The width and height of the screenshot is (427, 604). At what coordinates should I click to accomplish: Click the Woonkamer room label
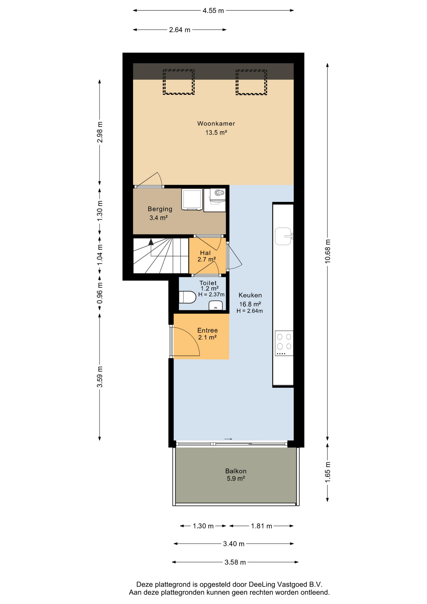click(216, 124)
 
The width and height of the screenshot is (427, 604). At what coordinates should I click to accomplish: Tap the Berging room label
click(160, 209)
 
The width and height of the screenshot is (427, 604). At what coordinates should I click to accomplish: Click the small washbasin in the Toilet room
click(216, 305)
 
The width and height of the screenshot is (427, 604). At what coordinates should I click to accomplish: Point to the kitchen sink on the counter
click(284, 236)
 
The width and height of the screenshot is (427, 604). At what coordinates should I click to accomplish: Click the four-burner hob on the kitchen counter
click(284, 343)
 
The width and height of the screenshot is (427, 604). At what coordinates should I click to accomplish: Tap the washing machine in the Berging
click(192, 199)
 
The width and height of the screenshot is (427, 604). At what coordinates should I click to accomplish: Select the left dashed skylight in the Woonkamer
click(179, 82)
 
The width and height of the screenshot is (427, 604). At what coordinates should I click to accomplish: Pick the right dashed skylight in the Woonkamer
click(252, 82)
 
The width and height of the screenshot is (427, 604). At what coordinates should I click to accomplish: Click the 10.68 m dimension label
click(328, 251)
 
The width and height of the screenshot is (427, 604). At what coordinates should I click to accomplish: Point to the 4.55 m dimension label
click(213, 11)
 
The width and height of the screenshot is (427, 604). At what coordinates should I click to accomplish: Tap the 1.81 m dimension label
click(261, 526)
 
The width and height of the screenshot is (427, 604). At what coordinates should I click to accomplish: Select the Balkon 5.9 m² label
click(236, 475)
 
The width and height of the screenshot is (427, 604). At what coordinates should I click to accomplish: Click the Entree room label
click(208, 330)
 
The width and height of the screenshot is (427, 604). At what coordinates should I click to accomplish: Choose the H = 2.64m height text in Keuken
click(250, 311)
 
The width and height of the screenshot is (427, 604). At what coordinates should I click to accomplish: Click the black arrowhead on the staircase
click(151, 242)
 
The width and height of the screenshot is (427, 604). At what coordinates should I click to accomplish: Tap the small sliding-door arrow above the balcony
click(228, 439)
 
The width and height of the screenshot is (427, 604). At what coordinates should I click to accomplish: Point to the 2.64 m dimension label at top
click(180, 30)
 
